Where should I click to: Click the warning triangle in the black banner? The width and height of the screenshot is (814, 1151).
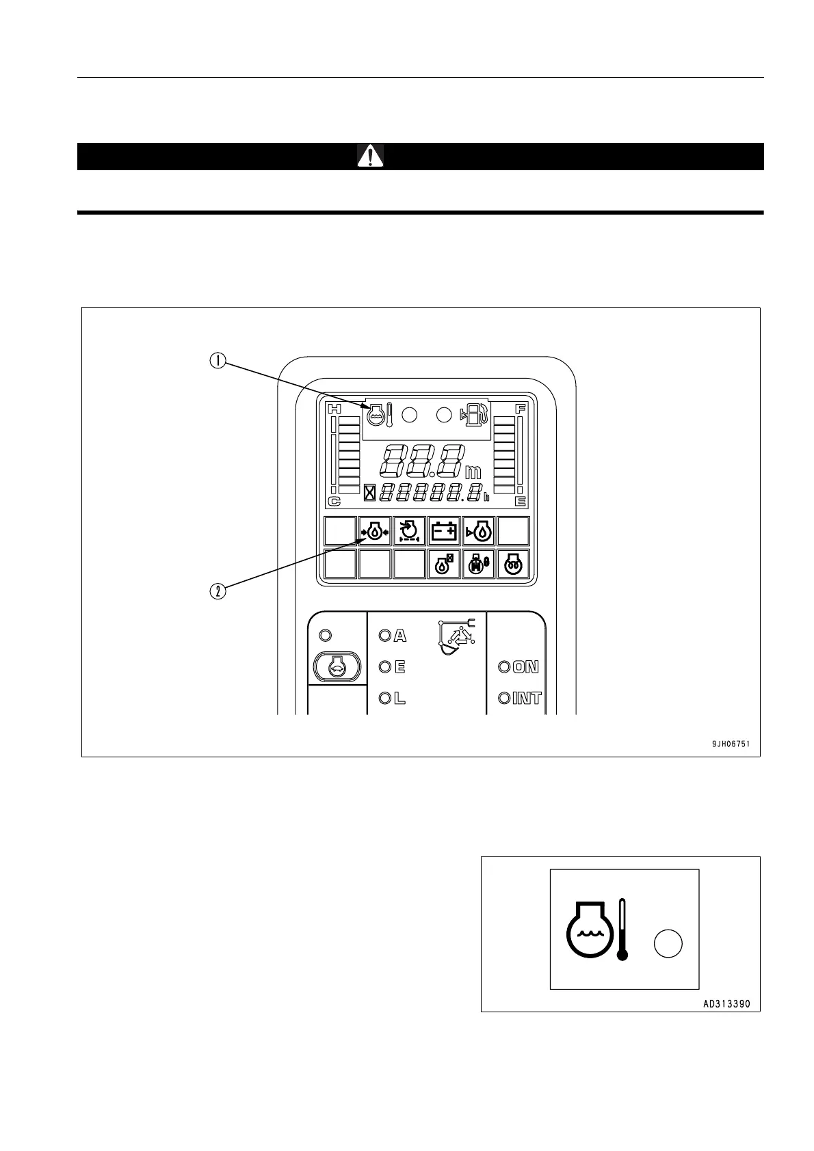click(x=370, y=157)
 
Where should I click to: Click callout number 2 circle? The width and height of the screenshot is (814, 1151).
click(x=218, y=591)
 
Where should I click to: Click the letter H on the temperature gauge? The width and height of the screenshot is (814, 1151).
click(x=334, y=409)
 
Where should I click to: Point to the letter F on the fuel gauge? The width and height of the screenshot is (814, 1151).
click(x=521, y=409)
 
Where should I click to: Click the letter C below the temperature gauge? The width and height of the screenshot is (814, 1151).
click(x=334, y=501)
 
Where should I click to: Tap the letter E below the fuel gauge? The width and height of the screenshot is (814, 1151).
click(x=521, y=501)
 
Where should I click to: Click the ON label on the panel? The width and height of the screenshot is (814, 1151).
click(x=526, y=667)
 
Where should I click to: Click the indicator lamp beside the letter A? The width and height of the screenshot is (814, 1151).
click(x=384, y=636)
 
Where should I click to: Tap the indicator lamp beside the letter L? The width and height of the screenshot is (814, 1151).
click(x=384, y=699)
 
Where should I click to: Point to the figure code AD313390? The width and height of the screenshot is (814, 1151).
click(x=726, y=1004)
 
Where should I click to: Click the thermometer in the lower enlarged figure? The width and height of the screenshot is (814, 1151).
click(x=622, y=930)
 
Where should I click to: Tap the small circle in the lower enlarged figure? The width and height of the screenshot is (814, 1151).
click(x=668, y=943)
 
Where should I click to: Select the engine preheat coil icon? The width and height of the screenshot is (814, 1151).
click(x=513, y=565)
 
